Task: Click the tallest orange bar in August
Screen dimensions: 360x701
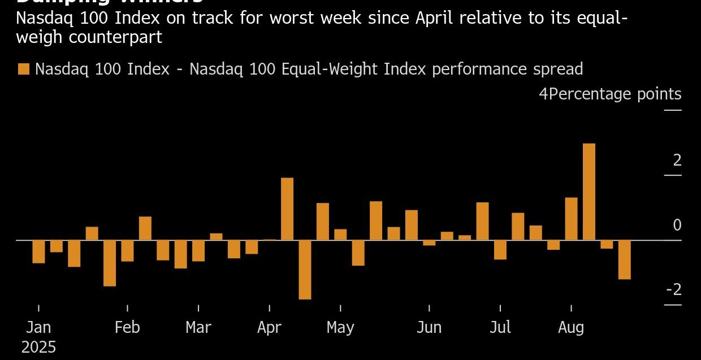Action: tap(589, 192)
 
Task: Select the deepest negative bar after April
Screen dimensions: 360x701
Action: tap(305, 270)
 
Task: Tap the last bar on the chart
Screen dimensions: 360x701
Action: tap(624, 259)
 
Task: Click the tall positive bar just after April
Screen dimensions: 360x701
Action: tap(287, 209)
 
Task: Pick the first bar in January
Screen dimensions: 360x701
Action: tap(38, 251)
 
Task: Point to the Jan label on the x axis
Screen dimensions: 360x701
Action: tap(38, 327)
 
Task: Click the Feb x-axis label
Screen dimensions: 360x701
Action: tap(127, 327)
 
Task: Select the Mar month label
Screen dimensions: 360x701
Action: tap(198, 327)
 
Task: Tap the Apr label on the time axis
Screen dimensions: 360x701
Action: tap(269, 327)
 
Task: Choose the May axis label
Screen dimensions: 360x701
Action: tap(340, 327)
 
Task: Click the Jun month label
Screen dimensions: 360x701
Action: tap(429, 327)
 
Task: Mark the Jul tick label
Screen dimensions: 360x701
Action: tap(500, 327)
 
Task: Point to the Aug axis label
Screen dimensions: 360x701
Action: tap(571, 327)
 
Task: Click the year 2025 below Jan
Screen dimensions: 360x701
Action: tap(38, 347)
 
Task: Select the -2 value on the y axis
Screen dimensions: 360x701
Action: tap(674, 289)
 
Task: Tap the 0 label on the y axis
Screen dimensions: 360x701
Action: tap(677, 225)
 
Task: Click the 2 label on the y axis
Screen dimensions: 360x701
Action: tap(677, 161)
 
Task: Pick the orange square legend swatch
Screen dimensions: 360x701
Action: tap(24, 69)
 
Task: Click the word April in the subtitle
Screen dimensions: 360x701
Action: tap(436, 18)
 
